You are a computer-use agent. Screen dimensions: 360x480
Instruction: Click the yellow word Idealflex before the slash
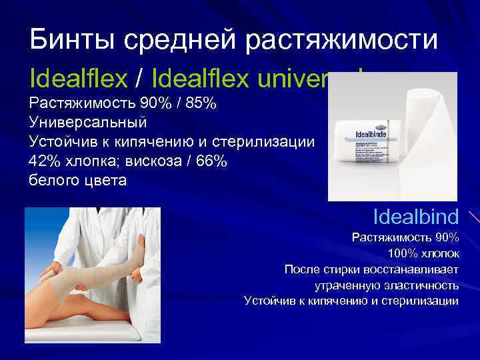tap(78, 80)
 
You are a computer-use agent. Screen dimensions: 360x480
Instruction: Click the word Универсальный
tap(88, 123)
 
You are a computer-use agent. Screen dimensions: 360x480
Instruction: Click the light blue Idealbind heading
tap(416, 217)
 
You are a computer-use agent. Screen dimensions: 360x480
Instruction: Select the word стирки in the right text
tap(339, 270)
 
